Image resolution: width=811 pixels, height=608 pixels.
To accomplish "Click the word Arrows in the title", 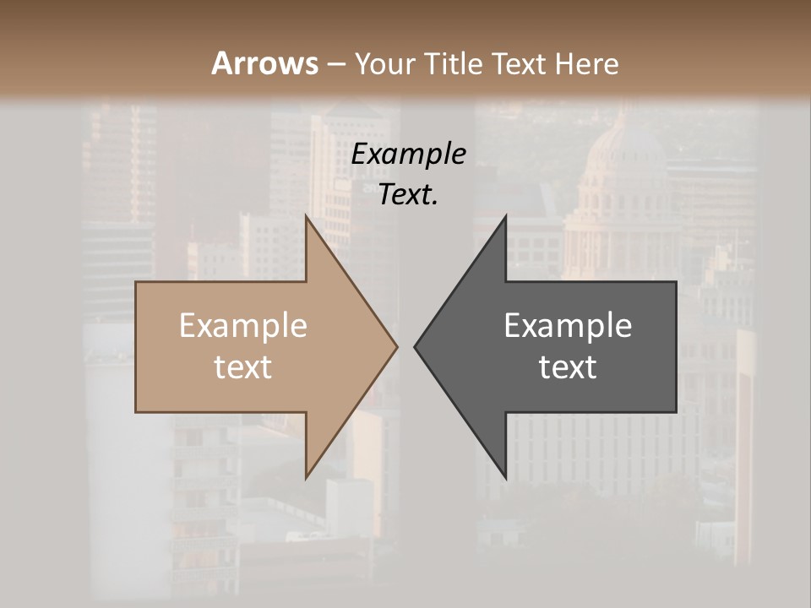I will coord(264,63).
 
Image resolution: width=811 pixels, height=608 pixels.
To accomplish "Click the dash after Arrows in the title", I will coord(335,65).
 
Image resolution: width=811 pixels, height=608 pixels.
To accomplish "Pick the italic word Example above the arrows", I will coord(409,155).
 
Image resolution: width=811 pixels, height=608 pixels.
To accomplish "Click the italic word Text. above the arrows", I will coord(409,195).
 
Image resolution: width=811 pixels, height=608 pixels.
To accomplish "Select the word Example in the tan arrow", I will coord(243,326).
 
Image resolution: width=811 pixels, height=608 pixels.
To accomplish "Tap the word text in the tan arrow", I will coord(243,367).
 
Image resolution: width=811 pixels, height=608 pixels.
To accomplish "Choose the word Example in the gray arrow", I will coord(568,326).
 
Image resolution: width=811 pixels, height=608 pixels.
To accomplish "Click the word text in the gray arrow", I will coord(568,367).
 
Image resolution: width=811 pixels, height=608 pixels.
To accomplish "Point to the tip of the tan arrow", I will coord(396,346).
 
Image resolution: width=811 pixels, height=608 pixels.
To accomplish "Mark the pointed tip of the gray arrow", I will coord(415,346).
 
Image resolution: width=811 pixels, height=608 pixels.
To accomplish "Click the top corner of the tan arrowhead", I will coord(306,216).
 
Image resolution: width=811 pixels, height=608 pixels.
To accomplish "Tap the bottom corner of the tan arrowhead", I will coord(306,477).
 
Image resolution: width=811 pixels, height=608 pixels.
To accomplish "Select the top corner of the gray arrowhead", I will coord(505,216).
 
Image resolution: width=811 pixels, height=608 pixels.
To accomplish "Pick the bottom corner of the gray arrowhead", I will coord(505,477).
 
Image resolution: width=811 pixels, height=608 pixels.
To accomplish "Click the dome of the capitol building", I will coord(626,152).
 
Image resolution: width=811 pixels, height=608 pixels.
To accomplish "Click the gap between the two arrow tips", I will coord(405,346).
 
